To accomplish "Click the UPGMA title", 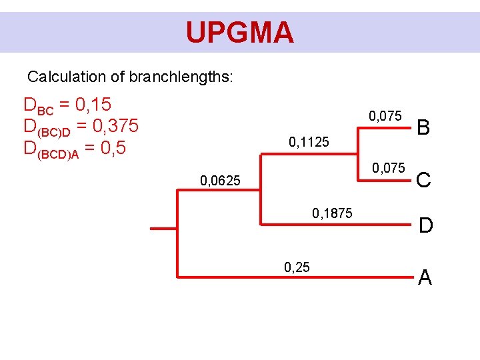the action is coord(239,32).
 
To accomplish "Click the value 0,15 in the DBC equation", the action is coord(93,105).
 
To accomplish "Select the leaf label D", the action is coord(425,226).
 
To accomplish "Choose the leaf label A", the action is coord(425,277).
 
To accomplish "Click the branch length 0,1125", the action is coord(309,141).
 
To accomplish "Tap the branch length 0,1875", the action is coord(332,213).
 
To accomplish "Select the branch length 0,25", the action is coord(296,268).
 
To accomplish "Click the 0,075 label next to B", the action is coord(385,117).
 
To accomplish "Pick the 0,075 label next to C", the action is coord(388,167).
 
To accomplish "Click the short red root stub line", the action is coord(163,229).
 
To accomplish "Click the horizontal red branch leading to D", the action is coord(333,225).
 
